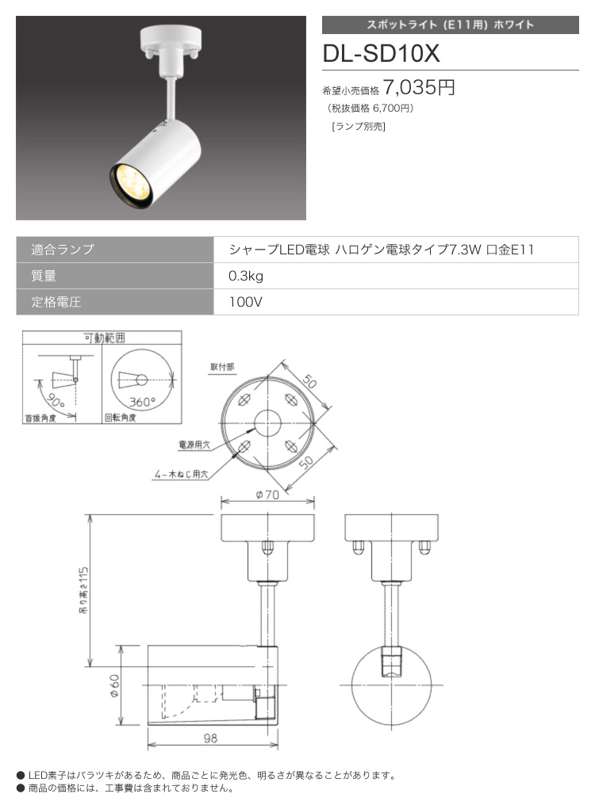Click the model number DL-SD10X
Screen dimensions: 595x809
(x=381, y=53)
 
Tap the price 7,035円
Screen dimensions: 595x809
(x=419, y=87)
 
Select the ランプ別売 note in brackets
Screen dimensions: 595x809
(x=359, y=127)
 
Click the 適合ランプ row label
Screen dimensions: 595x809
(x=63, y=250)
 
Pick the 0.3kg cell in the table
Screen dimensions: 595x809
(x=246, y=276)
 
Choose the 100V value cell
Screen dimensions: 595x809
(x=245, y=302)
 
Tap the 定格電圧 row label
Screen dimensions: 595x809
(x=56, y=302)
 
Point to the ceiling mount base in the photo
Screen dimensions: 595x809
(x=170, y=40)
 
